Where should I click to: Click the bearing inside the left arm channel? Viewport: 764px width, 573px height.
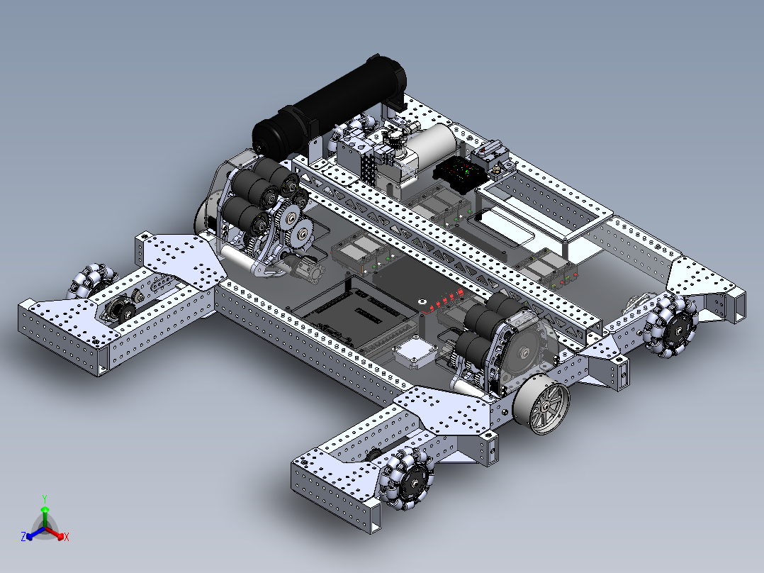coord(118,309)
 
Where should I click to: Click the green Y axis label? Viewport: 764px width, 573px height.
coord(44,499)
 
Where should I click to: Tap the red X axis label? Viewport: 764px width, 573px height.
coord(67,538)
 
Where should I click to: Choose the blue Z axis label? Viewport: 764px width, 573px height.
coord(23,538)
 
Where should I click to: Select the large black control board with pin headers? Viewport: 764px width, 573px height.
coord(354,312)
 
